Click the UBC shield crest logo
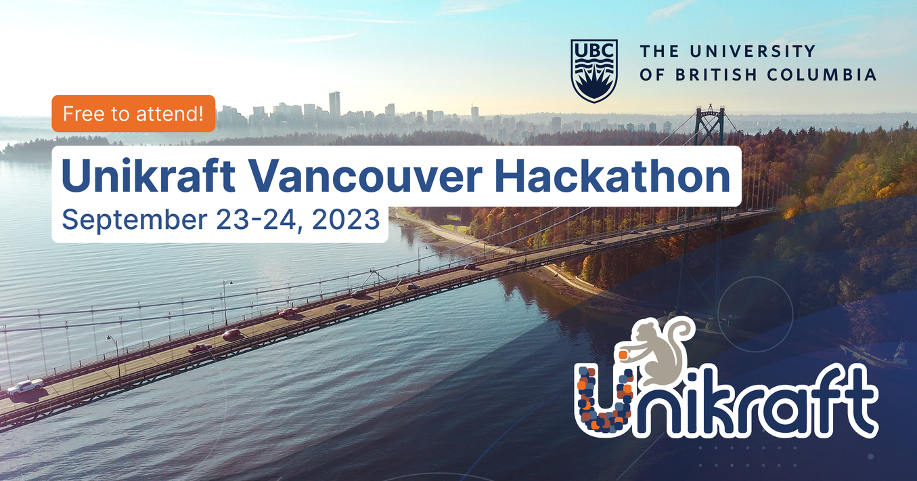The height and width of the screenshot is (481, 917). click(594, 71)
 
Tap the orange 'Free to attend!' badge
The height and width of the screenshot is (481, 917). click(133, 114)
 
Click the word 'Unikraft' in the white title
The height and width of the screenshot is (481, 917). click(148, 176)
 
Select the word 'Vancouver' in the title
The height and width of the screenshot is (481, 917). click(364, 176)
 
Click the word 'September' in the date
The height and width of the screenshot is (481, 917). click(135, 220)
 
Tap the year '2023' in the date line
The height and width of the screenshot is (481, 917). click(346, 219)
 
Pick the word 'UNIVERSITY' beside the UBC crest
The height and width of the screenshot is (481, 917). click(753, 51)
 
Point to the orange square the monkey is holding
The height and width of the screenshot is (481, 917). click(623, 354)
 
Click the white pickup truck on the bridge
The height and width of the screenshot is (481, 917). click(26, 387)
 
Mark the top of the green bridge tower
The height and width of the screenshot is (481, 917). click(711, 107)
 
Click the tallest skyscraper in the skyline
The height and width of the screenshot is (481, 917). click(334, 104)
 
